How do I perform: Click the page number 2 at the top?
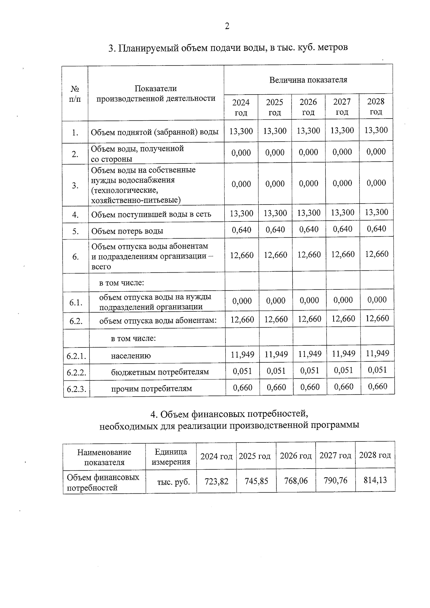227,26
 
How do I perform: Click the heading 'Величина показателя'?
308,80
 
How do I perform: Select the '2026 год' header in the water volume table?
308,107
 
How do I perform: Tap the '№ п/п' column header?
75,93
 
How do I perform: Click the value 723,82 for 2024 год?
216,481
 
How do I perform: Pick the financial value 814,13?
375,480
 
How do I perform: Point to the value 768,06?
296,480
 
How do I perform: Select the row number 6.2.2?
76,373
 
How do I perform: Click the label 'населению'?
131,356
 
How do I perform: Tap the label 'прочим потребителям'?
151,388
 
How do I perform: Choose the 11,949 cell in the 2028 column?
377,354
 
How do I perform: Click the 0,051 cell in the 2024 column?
242,371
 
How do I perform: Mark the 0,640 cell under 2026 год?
309,229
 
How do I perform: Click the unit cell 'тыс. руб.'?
173,482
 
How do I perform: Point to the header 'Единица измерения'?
171,457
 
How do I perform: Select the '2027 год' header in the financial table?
335,455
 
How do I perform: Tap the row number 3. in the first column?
75,186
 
